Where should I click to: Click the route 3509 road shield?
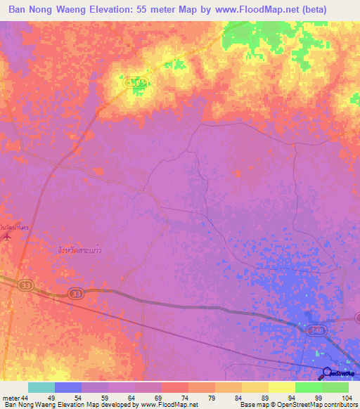tap(136, 82)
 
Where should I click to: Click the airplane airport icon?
tap(7, 236)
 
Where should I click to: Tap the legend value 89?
tap(262, 397)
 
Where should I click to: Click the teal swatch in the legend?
tap(41, 387)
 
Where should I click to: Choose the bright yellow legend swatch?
tap(281, 387)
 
